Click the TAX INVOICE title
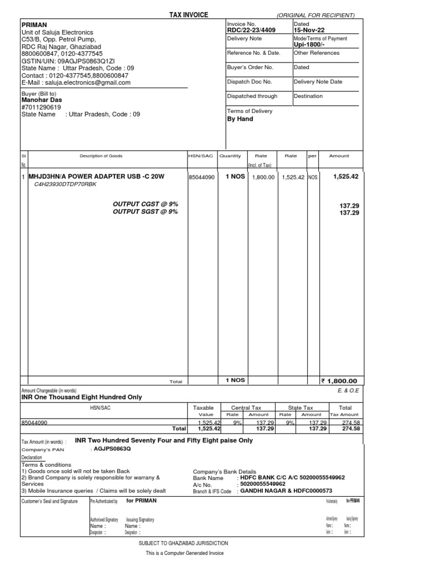click(x=189, y=15)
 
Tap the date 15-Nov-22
click(x=309, y=31)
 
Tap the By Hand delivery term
click(x=240, y=119)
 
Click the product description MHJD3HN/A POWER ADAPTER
click(x=94, y=177)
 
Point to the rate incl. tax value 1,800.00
click(x=263, y=177)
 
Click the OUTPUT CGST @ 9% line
click(x=146, y=204)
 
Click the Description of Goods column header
click(x=101, y=156)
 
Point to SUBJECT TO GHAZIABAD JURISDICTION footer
click(x=183, y=543)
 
